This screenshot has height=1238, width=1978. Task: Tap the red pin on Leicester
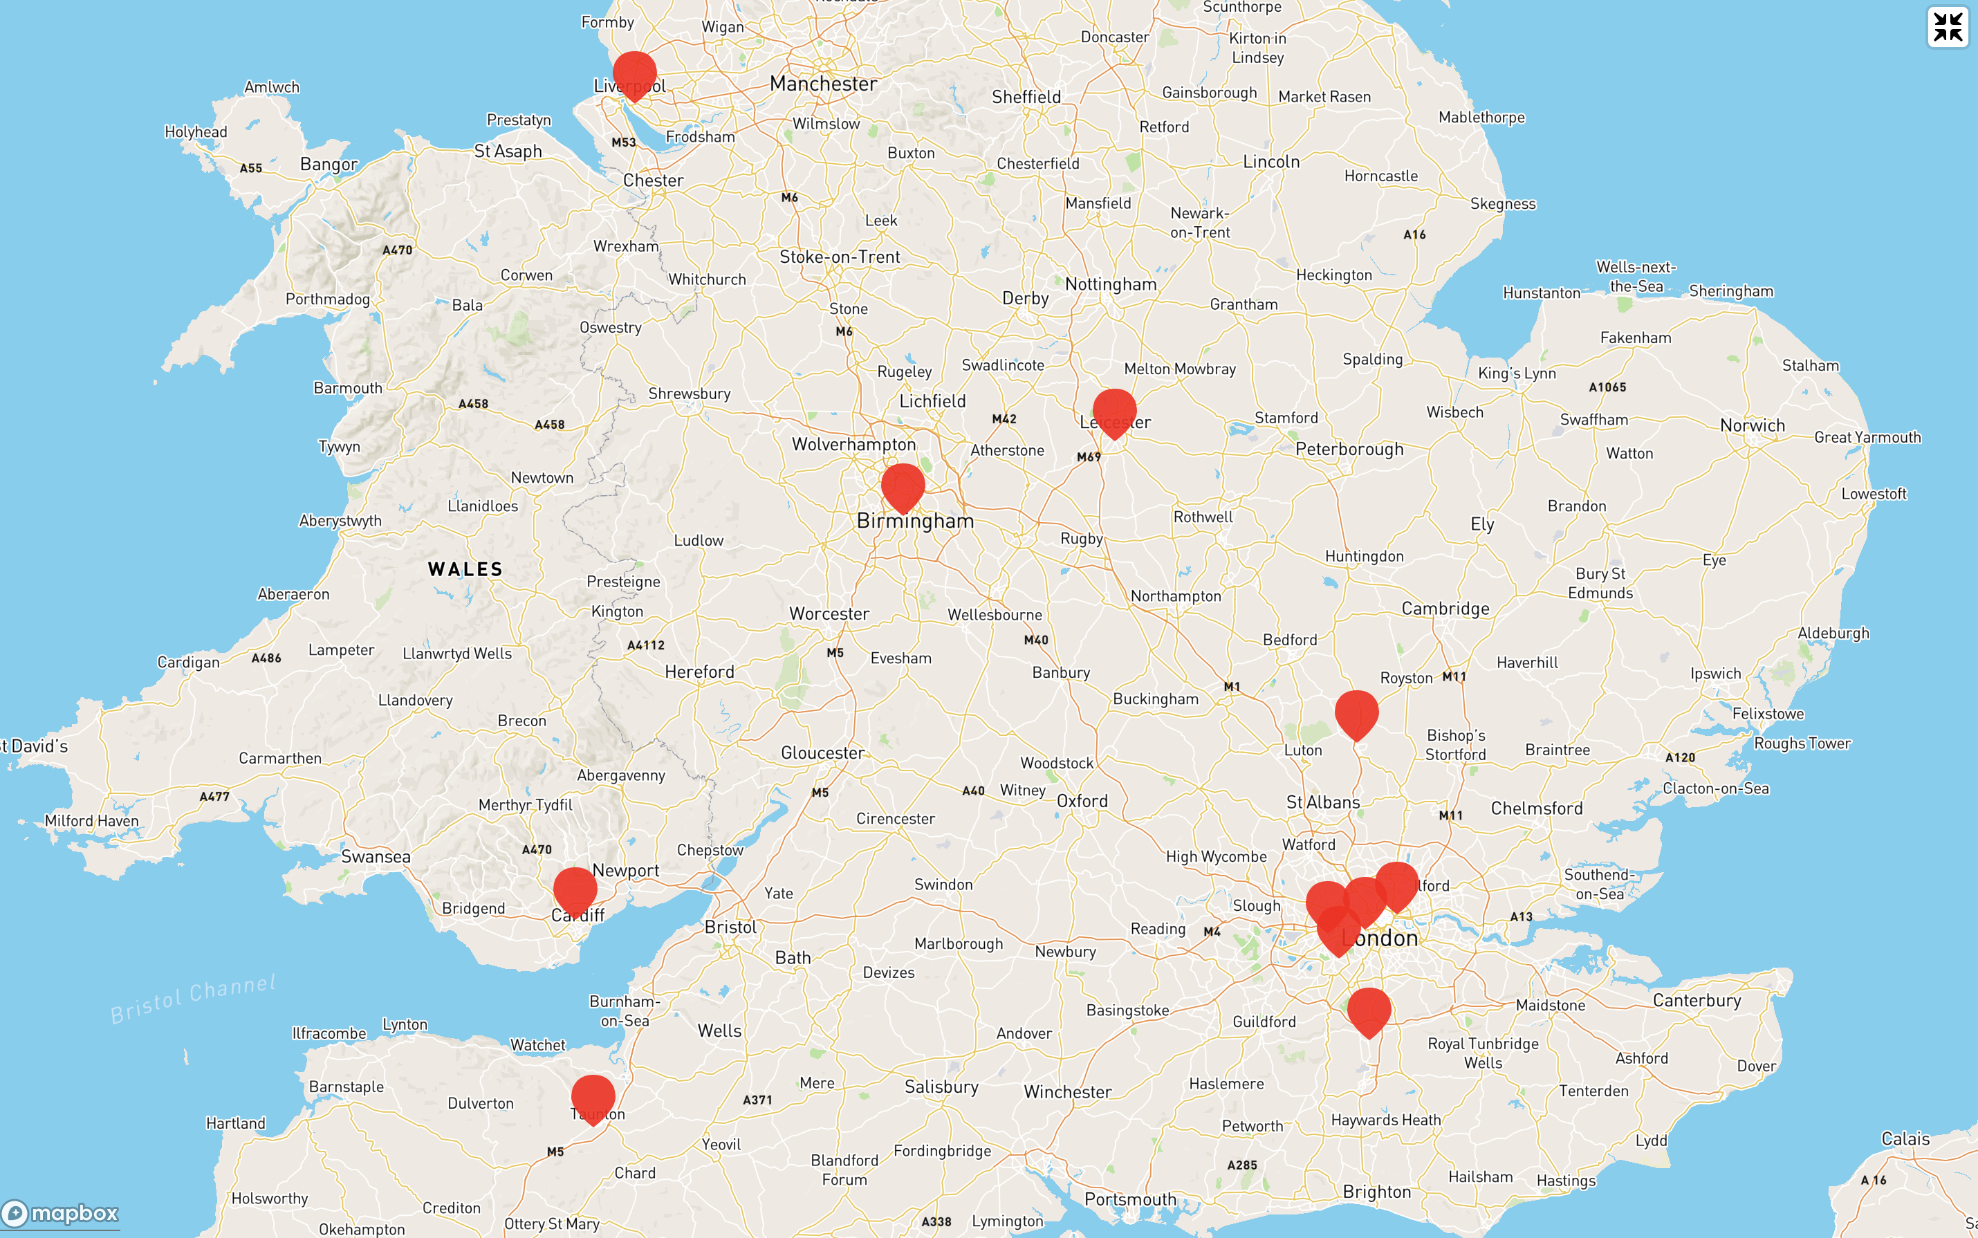pyautogui.click(x=1114, y=411)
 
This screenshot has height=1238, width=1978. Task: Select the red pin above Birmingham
pyautogui.click(x=903, y=486)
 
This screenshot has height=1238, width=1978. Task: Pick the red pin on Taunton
pyautogui.click(x=593, y=1097)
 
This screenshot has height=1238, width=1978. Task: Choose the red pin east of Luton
pyautogui.click(x=1357, y=712)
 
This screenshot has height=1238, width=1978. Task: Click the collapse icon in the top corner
pyautogui.click(x=1948, y=27)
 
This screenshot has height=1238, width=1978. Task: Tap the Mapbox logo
pyautogui.click(x=61, y=1212)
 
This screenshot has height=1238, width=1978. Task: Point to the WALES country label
pyautogui.click(x=465, y=569)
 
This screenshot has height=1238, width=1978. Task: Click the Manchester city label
pyautogui.click(x=823, y=84)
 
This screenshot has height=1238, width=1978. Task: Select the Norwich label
pyautogui.click(x=1752, y=425)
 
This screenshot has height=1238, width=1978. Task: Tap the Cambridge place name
pyautogui.click(x=1445, y=609)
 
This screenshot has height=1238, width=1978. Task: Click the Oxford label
pyautogui.click(x=1082, y=801)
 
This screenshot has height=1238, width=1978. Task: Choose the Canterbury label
pyautogui.click(x=1697, y=999)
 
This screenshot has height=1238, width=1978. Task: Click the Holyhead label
pyautogui.click(x=196, y=132)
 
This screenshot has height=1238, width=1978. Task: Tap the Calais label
pyautogui.click(x=1905, y=1139)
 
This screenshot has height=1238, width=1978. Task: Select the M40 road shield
pyautogui.click(x=1035, y=640)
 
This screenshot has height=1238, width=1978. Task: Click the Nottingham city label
pyautogui.click(x=1110, y=284)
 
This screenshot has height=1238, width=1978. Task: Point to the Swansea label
pyautogui.click(x=376, y=856)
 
